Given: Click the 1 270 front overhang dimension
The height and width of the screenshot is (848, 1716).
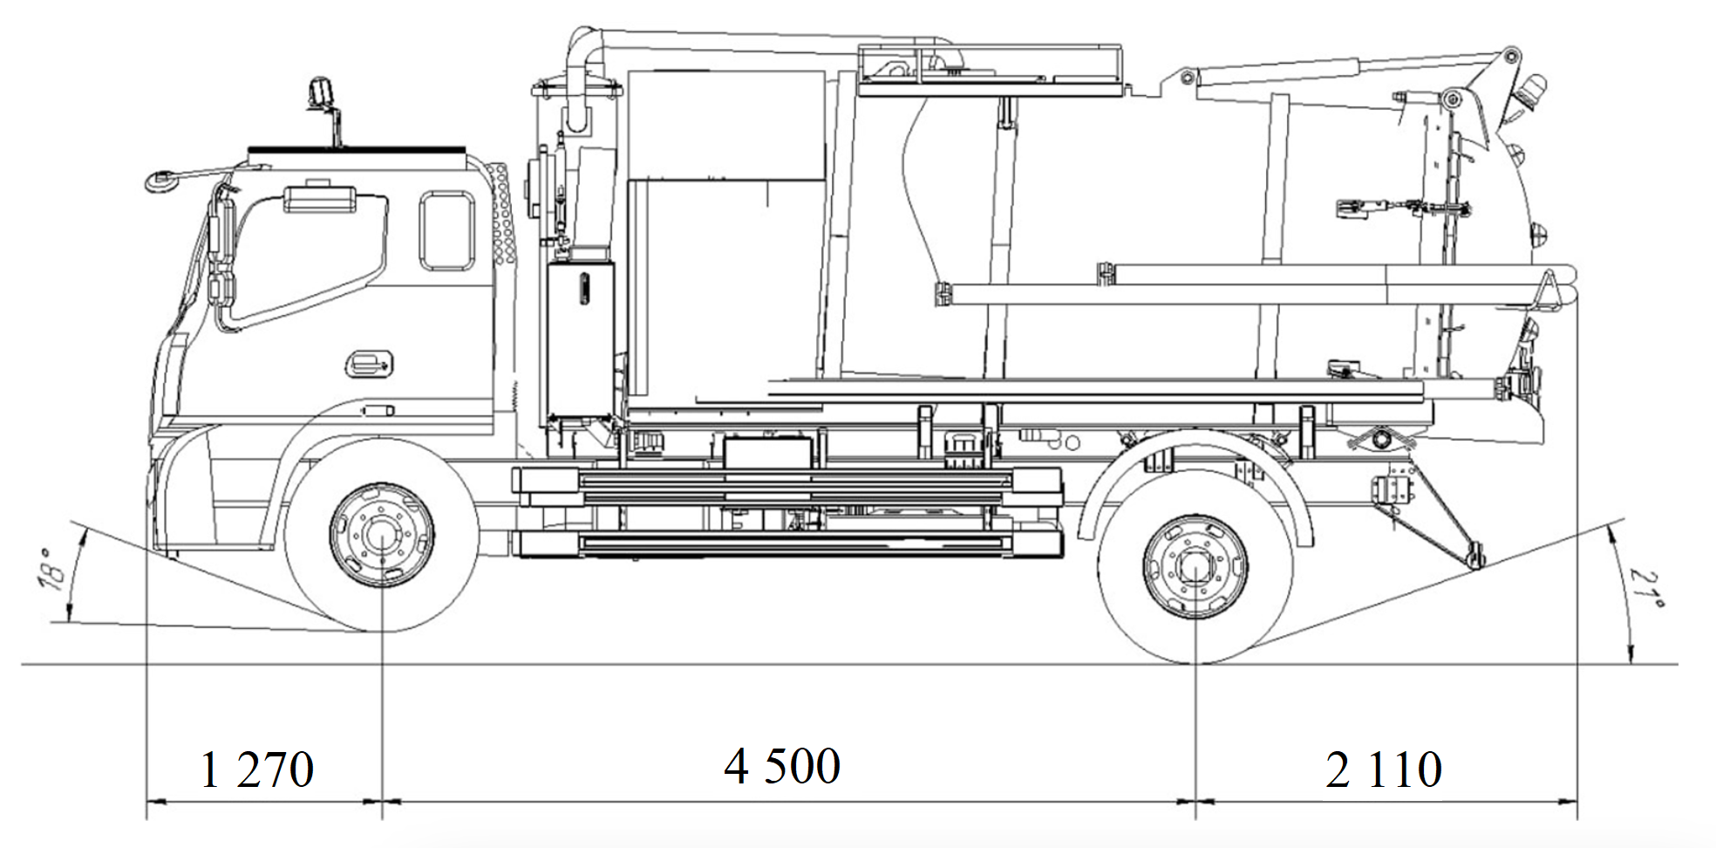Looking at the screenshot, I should tap(256, 769).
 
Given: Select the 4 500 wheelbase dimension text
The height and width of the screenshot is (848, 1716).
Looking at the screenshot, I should tap(782, 766).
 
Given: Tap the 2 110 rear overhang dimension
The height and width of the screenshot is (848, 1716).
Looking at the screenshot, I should tap(1384, 769).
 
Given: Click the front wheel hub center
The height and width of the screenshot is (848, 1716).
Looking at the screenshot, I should tap(381, 535).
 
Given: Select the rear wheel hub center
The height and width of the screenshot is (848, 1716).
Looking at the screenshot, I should tap(1195, 565).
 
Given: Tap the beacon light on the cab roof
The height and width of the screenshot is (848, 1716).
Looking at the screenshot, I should tap(322, 92).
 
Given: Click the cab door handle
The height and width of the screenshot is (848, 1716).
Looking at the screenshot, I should tap(370, 362).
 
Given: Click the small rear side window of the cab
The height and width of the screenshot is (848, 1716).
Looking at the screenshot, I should tap(447, 231).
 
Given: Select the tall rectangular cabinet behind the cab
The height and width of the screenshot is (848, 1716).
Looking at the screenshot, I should tap(580, 340).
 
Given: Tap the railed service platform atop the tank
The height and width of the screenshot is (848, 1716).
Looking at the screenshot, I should tap(990, 68).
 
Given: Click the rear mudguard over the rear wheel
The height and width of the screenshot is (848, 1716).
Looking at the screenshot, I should tap(1195, 471).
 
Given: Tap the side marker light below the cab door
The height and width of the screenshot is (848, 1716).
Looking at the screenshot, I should tap(378, 410).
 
